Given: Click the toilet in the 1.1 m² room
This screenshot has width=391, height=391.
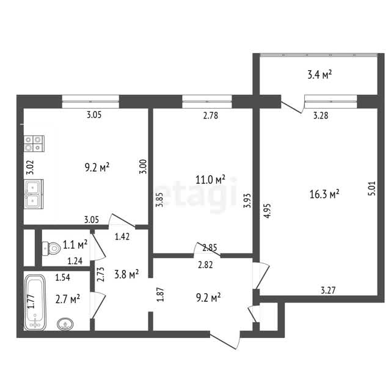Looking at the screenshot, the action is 51,248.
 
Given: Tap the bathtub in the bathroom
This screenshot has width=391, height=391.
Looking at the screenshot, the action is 35,302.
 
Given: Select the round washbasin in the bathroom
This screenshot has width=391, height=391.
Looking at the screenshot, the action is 65,324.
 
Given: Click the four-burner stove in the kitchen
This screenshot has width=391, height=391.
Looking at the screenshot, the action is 34,144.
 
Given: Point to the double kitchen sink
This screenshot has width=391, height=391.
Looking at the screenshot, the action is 34,194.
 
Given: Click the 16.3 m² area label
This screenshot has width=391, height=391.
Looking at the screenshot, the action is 324,194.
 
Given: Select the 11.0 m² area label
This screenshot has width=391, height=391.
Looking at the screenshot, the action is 210,179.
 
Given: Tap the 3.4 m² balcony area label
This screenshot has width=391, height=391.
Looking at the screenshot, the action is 320,75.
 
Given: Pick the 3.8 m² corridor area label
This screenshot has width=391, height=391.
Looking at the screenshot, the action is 126,274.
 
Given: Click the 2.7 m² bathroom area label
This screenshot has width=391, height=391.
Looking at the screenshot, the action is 68,299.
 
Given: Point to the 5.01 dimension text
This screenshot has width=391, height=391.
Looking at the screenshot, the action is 371,188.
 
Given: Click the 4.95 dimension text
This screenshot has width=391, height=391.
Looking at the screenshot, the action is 267,211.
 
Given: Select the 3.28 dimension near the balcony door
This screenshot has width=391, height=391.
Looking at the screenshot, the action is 321,115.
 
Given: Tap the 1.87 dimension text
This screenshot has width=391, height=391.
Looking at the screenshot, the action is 161,294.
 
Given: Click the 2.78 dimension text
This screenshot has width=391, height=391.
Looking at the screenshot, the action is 210,115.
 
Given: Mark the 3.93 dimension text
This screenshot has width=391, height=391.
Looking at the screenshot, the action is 247,201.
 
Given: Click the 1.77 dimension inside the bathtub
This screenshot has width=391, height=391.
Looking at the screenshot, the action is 31,301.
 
